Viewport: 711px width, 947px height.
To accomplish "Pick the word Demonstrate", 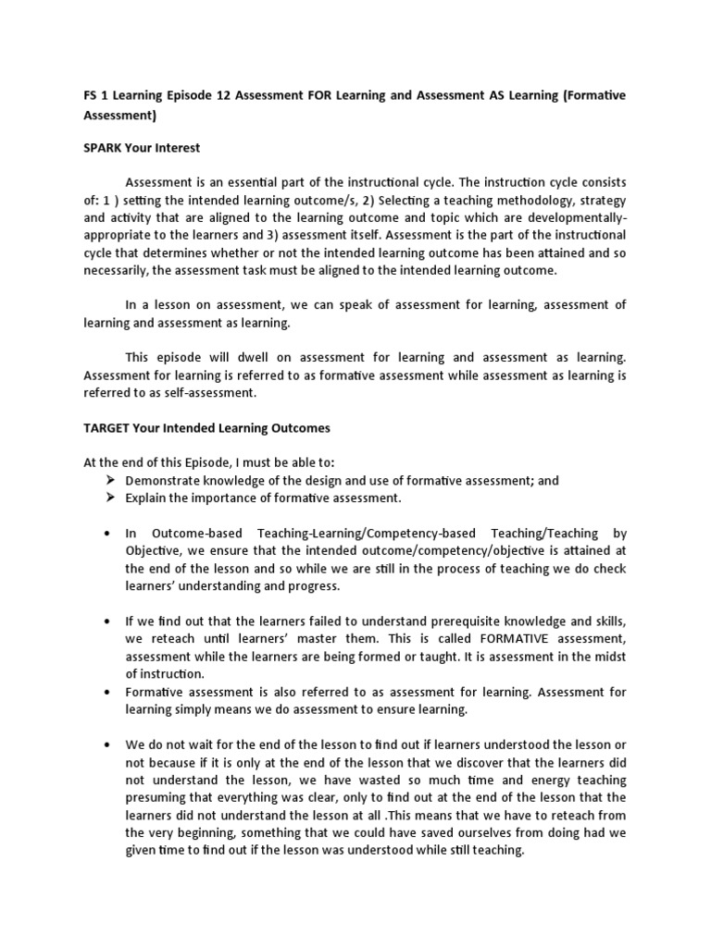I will click(x=161, y=481).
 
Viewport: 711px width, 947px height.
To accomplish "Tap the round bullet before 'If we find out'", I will click(x=107, y=621).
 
